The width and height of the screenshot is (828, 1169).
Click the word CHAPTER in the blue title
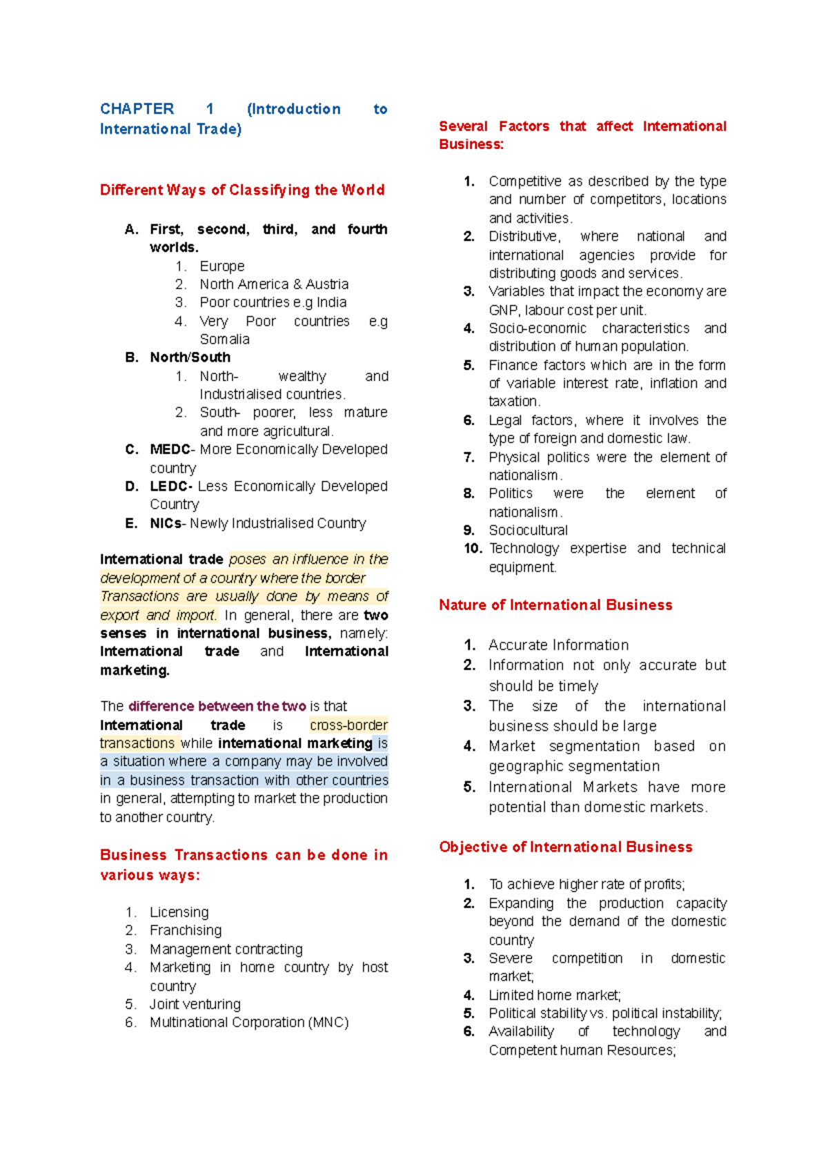137,109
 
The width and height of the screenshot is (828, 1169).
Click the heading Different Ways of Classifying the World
242,190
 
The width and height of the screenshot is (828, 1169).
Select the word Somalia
224,339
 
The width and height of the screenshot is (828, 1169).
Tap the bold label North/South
190,357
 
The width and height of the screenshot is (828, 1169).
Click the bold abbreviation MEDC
170,449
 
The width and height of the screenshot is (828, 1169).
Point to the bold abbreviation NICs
166,523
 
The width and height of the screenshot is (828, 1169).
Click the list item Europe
221,266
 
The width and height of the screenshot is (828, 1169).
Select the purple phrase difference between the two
217,706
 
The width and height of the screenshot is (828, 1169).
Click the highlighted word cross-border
348,725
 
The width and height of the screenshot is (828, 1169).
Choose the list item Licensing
179,912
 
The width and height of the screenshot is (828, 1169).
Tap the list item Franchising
186,930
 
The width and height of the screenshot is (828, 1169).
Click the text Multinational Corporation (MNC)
249,1022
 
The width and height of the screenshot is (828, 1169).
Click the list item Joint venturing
195,1004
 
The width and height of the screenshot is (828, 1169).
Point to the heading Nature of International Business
555,605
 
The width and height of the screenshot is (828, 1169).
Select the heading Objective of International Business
565,847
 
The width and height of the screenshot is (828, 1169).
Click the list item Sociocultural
528,530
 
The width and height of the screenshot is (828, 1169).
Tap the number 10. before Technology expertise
473,549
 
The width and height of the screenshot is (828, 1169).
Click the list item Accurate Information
558,645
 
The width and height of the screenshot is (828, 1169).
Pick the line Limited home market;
554,995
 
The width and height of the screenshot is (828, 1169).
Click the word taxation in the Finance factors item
513,402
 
